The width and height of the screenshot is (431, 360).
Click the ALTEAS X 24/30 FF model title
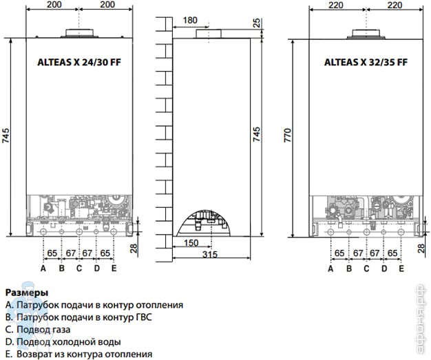tap(79, 63)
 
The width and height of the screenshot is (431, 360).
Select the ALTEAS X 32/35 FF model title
tap(366, 63)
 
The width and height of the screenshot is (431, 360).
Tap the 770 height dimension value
tap(288, 135)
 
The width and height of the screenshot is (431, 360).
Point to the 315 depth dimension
tap(210, 255)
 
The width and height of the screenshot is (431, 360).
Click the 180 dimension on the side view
tap(190, 21)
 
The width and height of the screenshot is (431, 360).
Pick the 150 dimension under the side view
tap(191, 243)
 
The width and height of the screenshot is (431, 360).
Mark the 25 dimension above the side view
tap(256, 23)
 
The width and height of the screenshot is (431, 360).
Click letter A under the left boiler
tap(43, 268)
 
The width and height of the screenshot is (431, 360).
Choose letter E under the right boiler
tap(401, 268)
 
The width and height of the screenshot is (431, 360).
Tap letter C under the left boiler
tap(79, 268)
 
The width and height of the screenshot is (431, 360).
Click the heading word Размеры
tap(27, 293)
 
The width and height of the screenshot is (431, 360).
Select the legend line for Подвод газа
tap(38, 329)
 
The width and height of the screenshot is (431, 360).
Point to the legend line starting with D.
tap(63, 342)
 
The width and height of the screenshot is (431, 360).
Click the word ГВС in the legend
tap(144, 317)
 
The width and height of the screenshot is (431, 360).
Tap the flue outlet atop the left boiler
tap(80, 33)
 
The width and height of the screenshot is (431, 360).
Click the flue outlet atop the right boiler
tap(366, 33)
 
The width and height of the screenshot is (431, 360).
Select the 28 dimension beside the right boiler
tap(421, 248)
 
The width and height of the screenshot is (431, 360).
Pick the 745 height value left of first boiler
tap(6, 136)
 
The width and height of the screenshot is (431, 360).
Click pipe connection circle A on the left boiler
tap(43, 232)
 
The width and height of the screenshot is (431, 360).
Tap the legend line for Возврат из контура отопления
tap(79, 354)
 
